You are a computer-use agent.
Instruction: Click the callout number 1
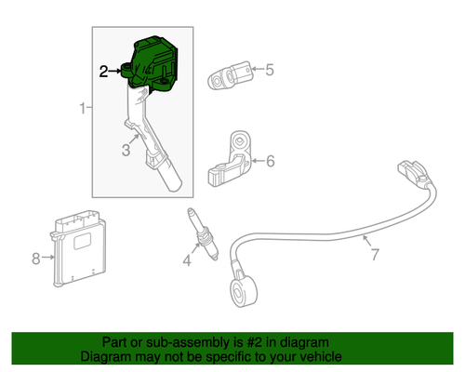click(83, 110)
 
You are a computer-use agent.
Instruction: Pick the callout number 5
click(270, 69)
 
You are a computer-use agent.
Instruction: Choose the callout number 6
click(270, 162)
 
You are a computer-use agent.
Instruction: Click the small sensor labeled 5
click(232, 73)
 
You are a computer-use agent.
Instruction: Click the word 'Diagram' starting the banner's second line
click(105, 356)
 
